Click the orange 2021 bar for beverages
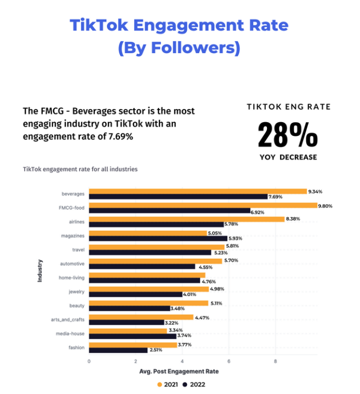pos(197,192)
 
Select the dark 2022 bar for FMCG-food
pos(169,211)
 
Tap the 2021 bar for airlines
pos(186,219)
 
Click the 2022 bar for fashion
pos(118,350)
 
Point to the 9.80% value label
pos(325,206)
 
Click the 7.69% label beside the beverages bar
pos(276,197)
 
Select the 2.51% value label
pos(156,350)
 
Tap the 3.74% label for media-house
pos(185,336)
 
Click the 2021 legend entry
pos(168,384)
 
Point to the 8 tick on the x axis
pos(275,362)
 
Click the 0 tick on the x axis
pos(89,362)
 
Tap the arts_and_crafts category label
pos(69,319)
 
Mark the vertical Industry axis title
pos(40,271)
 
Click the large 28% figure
pos(288,134)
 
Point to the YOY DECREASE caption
pos(288,157)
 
